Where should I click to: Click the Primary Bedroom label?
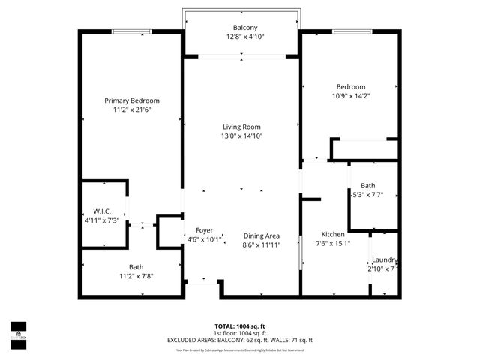132,100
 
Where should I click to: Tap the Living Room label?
241,127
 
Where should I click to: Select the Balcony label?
244,28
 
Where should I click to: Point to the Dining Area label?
261,235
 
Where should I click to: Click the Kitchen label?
333,234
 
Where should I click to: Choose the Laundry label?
384,259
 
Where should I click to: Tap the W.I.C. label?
102,210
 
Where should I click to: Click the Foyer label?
204,230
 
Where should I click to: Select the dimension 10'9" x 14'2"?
351,95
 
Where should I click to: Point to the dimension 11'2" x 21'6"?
132,110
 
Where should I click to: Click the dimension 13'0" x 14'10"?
241,136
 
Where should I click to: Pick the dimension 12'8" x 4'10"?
244,37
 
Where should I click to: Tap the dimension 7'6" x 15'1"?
333,243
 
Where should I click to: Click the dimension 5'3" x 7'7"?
367,195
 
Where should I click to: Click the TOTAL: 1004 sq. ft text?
240,326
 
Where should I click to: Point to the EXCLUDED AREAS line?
240,340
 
